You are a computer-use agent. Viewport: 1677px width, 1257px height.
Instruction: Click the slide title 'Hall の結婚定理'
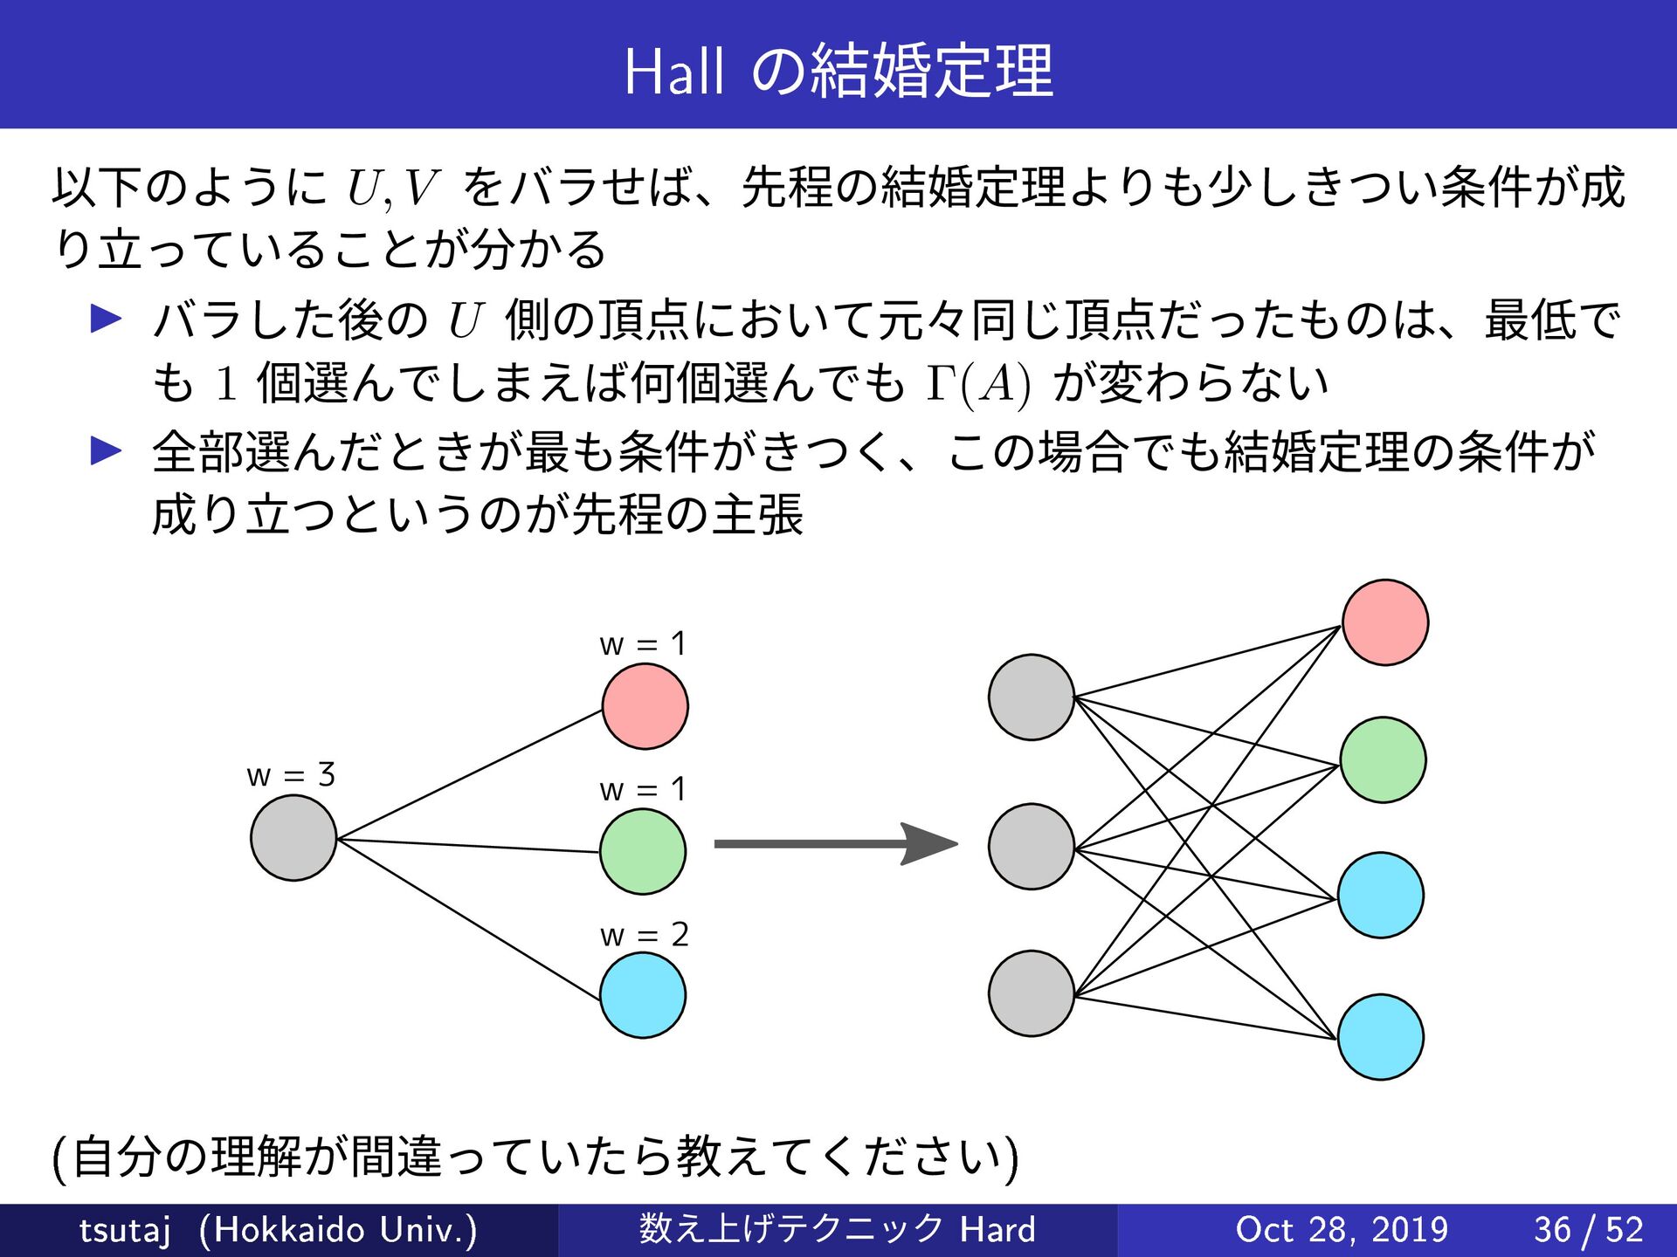point(838,70)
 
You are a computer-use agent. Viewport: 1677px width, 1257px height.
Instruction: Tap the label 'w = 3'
point(291,774)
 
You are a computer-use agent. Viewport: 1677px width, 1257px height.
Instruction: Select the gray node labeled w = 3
point(293,838)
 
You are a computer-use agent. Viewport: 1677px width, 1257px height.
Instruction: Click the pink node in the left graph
point(645,706)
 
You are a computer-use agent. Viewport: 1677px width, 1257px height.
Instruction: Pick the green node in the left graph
point(643,851)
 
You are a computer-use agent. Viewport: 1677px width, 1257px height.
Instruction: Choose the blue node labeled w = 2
point(643,995)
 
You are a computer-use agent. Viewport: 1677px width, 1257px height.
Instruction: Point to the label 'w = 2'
point(644,935)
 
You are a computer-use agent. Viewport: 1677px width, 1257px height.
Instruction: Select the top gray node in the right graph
point(1031,697)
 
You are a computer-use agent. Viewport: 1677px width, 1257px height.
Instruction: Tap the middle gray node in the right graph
point(1031,847)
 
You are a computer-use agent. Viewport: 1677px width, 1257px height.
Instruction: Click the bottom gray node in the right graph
point(1031,993)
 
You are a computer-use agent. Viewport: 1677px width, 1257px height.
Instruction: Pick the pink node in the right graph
point(1385,622)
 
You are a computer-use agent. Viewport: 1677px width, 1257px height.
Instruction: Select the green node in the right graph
point(1383,759)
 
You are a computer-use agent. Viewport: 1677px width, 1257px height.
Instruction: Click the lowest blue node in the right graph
point(1381,1037)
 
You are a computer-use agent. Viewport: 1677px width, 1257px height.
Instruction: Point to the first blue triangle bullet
point(107,319)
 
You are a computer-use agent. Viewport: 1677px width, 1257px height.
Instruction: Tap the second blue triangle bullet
point(107,450)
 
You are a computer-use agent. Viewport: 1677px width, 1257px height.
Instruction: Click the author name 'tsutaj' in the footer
point(124,1230)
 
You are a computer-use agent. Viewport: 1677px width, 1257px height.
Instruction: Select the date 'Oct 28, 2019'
point(1342,1230)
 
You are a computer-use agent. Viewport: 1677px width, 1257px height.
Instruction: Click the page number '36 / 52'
point(1589,1230)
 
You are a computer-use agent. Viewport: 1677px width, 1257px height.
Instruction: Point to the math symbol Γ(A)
point(978,384)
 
